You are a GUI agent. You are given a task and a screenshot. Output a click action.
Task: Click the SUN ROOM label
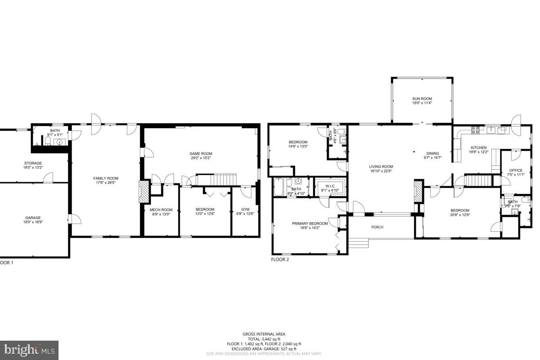[x=422, y=99]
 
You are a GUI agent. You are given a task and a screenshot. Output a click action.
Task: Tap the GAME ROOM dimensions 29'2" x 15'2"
[x=201, y=158]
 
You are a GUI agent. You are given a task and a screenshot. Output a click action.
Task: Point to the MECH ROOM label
[x=161, y=210]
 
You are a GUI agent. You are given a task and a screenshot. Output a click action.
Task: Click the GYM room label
[x=245, y=210]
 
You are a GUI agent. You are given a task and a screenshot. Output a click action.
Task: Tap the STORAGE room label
[x=33, y=163]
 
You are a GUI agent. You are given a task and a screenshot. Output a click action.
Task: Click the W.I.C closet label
[x=330, y=185]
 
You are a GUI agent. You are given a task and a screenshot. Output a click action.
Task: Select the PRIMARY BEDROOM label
[x=310, y=224]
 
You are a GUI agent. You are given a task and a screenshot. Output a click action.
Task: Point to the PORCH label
[x=377, y=227]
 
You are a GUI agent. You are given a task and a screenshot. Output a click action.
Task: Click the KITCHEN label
[x=479, y=148]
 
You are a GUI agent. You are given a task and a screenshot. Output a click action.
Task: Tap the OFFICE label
[x=515, y=171]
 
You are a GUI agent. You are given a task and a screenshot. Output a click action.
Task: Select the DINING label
[x=432, y=153]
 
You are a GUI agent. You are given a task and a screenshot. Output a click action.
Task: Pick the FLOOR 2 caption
[x=280, y=260]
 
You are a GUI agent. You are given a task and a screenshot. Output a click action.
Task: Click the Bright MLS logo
[x=29, y=350]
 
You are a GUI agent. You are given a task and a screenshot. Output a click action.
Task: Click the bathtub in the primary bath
[x=279, y=187]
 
